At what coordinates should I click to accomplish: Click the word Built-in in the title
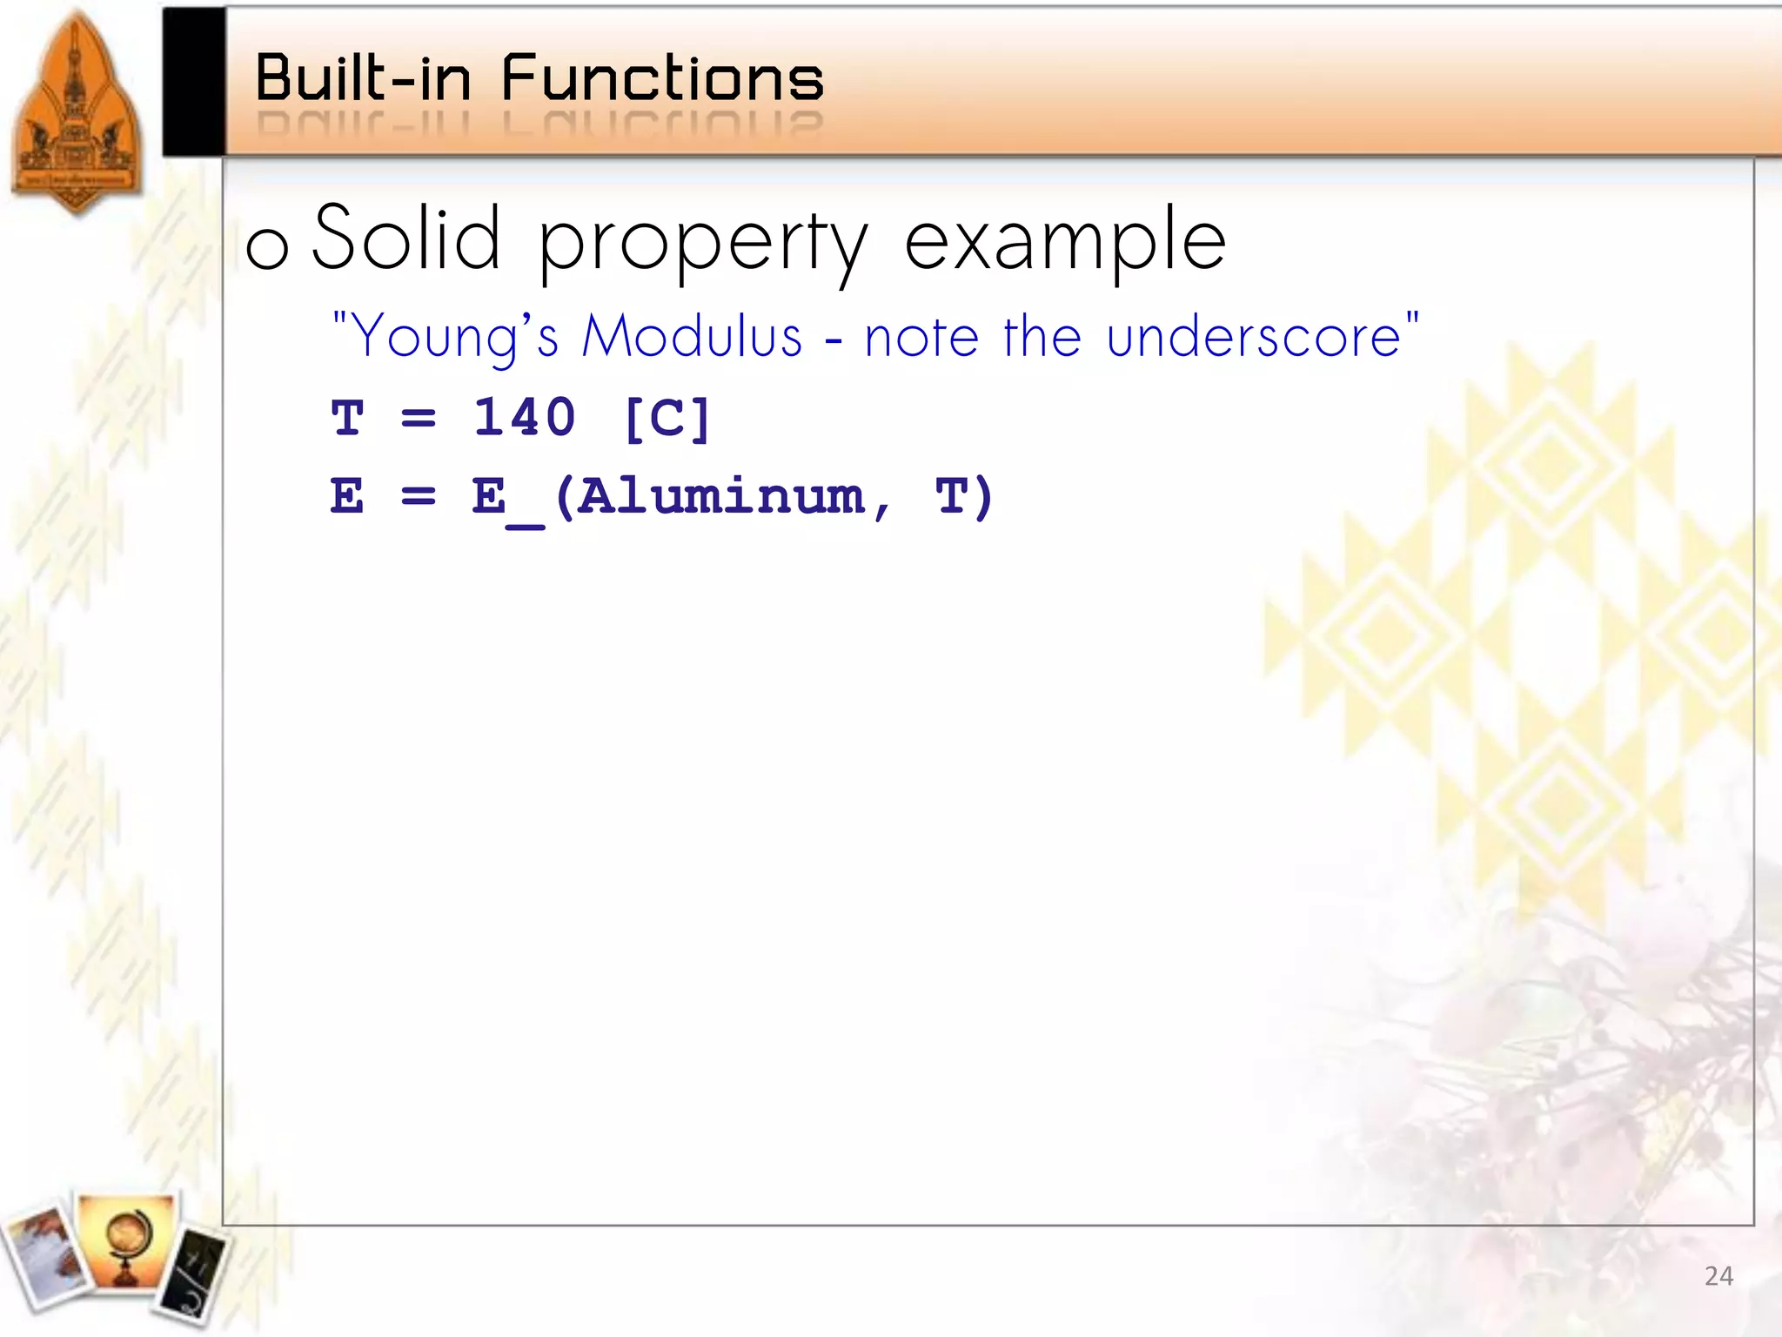click(x=363, y=78)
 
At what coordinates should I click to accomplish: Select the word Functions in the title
click(x=662, y=78)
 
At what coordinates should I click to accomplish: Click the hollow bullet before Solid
click(x=267, y=247)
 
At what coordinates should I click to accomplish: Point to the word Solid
click(x=406, y=237)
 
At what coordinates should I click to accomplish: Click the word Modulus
click(x=692, y=336)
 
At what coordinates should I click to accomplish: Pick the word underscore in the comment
click(x=1254, y=336)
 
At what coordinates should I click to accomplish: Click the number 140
click(x=524, y=417)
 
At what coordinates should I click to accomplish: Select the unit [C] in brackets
click(x=667, y=419)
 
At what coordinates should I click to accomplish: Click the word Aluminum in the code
click(x=720, y=497)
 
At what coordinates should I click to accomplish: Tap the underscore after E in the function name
click(x=526, y=523)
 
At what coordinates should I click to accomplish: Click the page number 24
click(x=1718, y=1276)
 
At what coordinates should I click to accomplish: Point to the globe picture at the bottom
click(x=126, y=1240)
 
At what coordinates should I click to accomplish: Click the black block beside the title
click(x=193, y=82)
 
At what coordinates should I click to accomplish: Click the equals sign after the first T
click(x=419, y=419)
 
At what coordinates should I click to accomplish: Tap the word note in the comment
click(x=921, y=336)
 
